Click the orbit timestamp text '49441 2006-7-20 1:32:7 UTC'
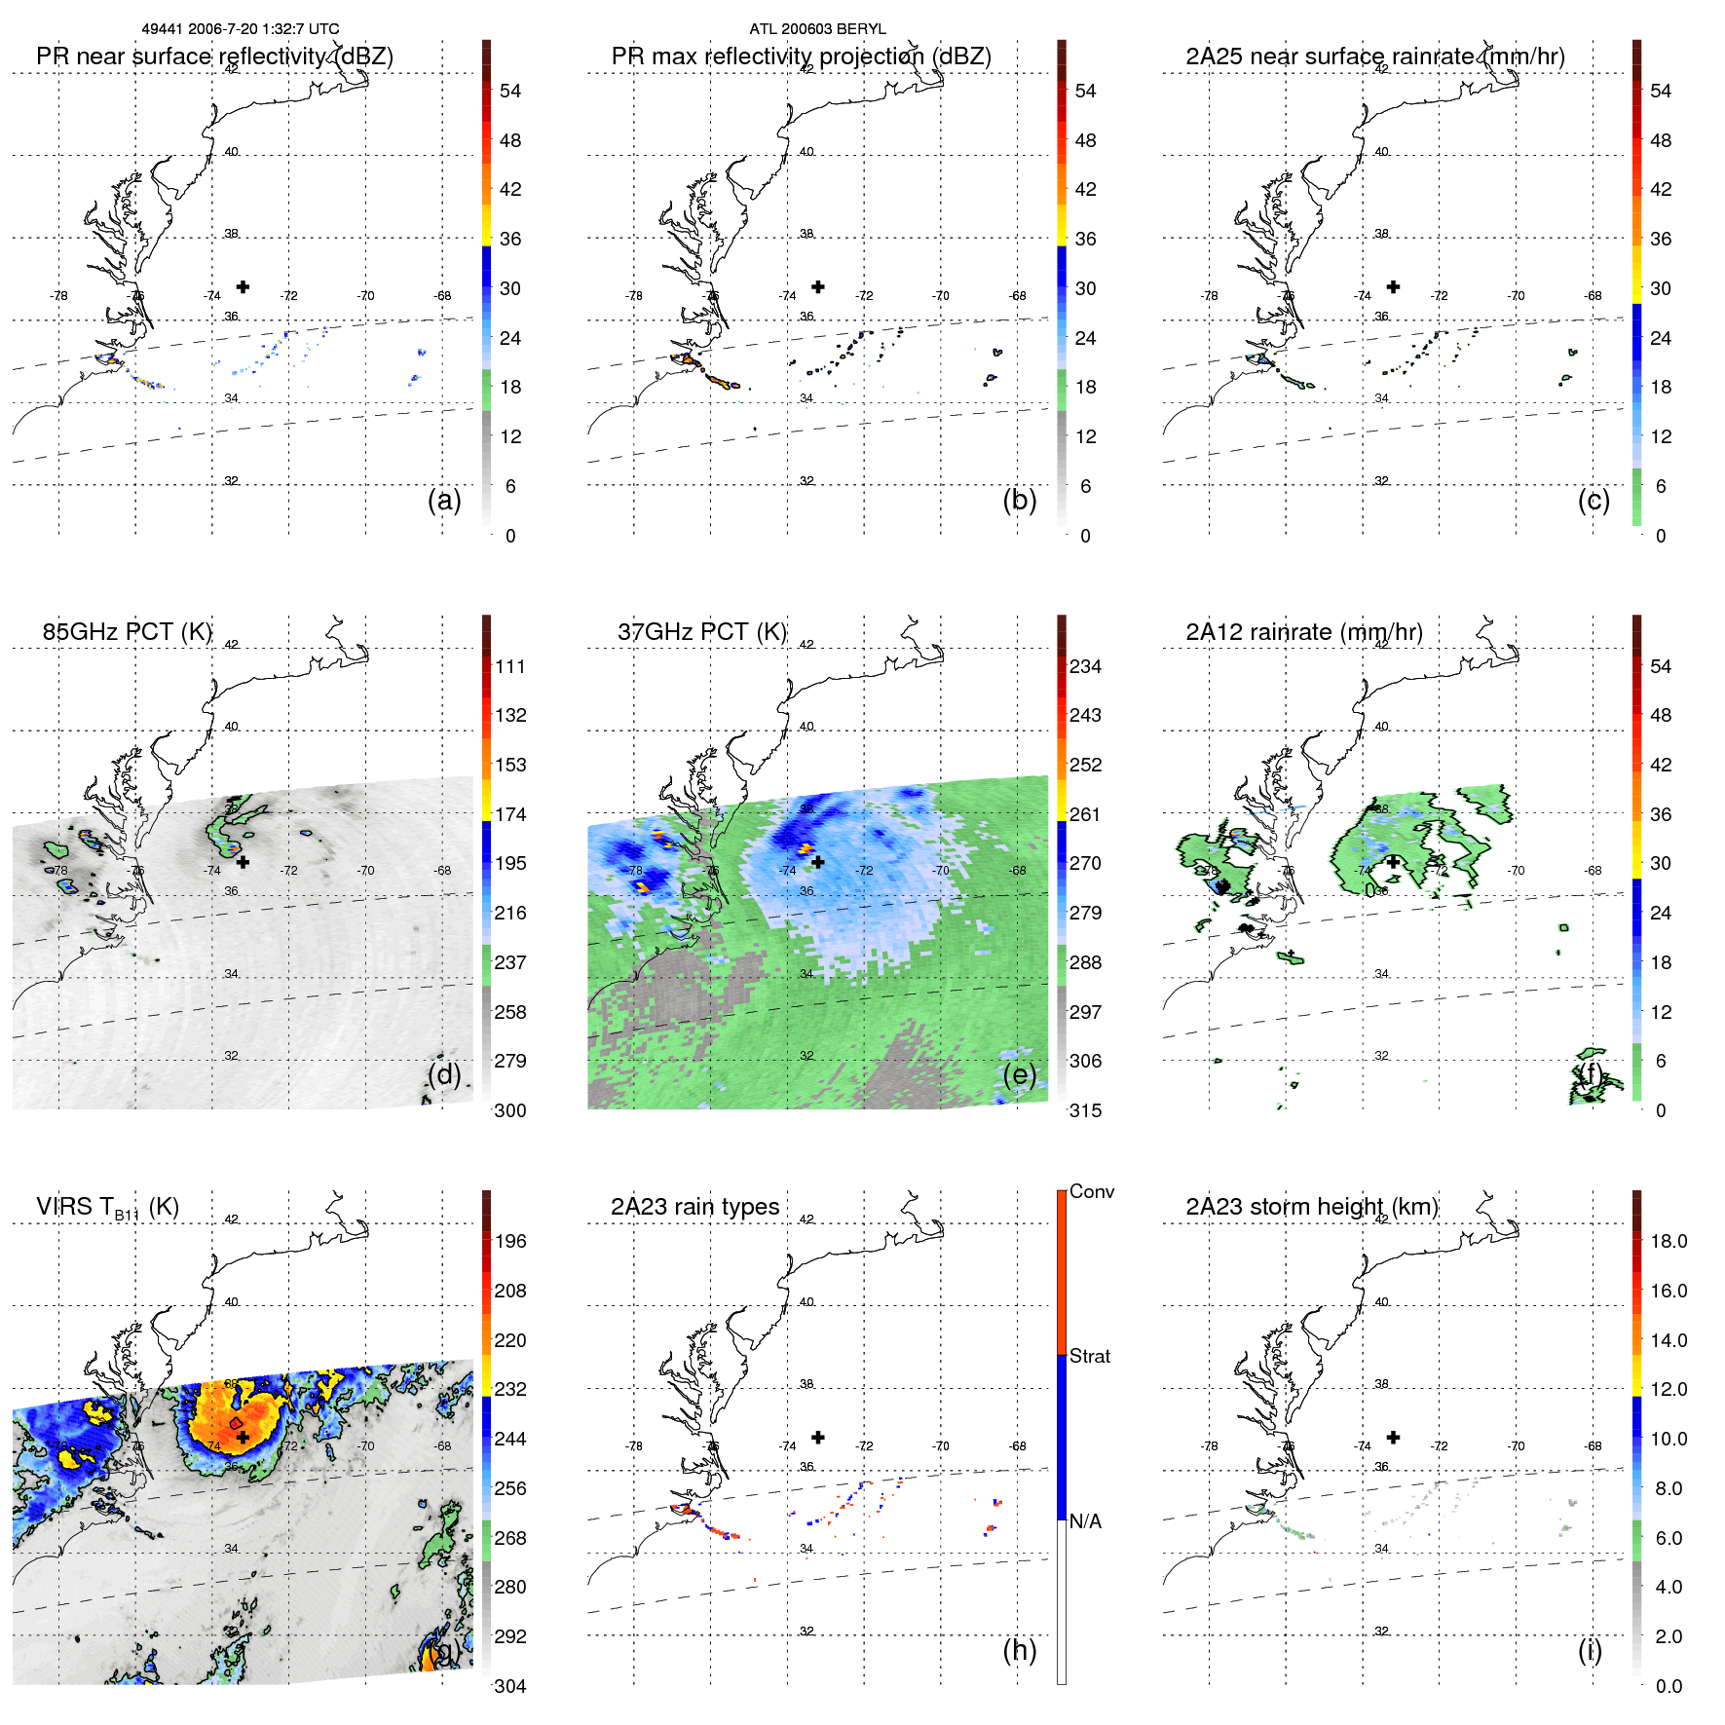[241, 29]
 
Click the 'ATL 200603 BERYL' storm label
[817, 29]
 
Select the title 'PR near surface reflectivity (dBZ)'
[214, 56]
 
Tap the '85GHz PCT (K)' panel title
[127, 632]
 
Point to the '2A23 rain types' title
[694, 1207]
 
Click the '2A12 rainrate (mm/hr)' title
[1303, 632]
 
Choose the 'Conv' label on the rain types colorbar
[1091, 1191]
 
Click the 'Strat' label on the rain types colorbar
[1089, 1356]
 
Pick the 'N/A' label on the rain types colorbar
[1085, 1521]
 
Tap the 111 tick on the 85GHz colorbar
[510, 666]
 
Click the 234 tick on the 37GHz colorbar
[1085, 666]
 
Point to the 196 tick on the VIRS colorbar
[510, 1241]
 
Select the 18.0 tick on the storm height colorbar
[1669, 1241]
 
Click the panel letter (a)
[444, 500]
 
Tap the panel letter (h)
[1019, 1650]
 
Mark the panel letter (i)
[1590, 1650]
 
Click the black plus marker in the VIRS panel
[243, 1437]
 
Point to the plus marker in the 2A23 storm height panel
[1393, 1437]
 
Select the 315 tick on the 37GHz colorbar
[1085, 1110]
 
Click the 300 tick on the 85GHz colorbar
[510, 1110]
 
